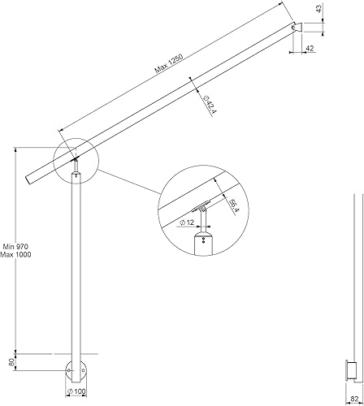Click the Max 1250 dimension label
pyautogui.click(x=169, y=64)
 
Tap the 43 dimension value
pyautogui.click(x=319, y=8)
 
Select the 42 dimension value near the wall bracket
pyautogui.click(x=310, y=48)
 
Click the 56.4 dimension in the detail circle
pyautogui.click(x=232, y=207)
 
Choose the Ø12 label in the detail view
pyautogui.click(x=187, y=222)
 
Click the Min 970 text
pyautogui.click(x=15, y=247)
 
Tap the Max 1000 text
pyautogui.click(x=15, y=254)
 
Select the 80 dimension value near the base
pyautogui.click(x=12, y=362)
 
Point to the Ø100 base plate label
pyautogui.click(x=76, y=391)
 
